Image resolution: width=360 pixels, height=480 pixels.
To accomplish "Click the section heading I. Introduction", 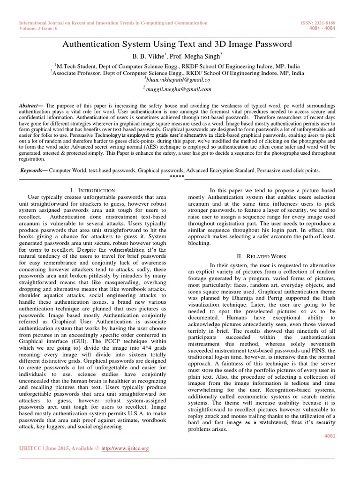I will click(92, 190).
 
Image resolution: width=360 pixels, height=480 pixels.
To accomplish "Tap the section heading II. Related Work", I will click(262, 256).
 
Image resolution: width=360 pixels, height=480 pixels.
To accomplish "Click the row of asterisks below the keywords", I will click(177, 176).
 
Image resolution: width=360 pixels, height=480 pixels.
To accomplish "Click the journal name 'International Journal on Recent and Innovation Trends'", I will click(112, 22).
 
